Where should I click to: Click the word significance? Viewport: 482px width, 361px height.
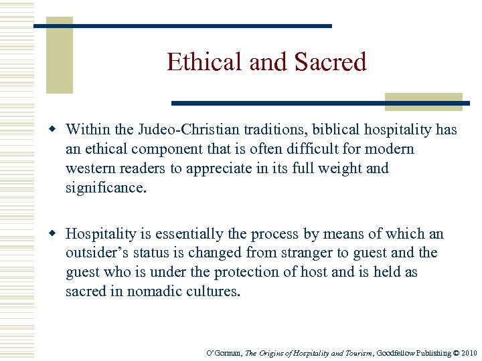104,188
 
